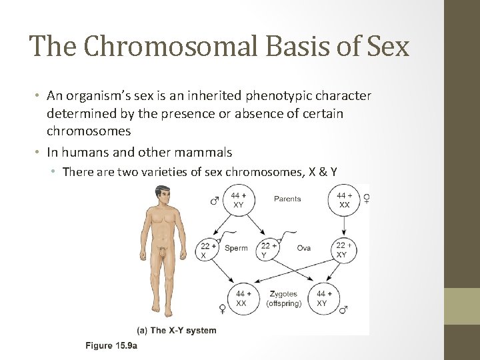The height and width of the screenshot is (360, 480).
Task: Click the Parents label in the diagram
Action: pos(287,199)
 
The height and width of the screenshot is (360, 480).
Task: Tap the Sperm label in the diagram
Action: pos(236,248)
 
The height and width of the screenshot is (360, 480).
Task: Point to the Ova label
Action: pos(303,248)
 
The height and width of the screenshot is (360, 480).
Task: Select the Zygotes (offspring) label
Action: pos(284,299)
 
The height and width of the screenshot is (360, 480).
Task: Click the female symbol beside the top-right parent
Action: pos(366,199)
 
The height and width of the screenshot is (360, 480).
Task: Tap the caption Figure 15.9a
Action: pos(111,345)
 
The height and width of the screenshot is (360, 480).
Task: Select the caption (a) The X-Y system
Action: pos(176,330)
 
